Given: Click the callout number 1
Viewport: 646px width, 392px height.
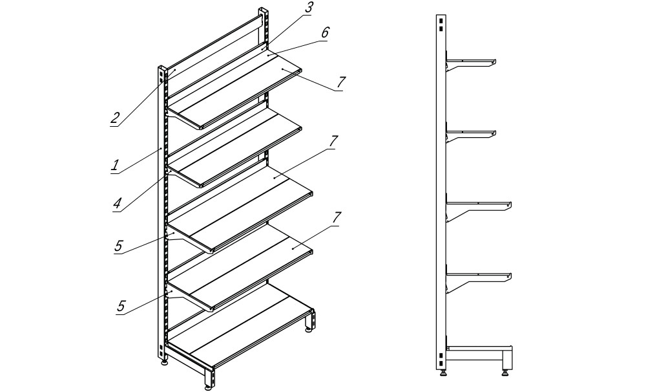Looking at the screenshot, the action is pyautogui.click(x=116, y=166).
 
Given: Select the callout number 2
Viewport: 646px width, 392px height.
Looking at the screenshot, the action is pyautogui.click(x=116, y=118).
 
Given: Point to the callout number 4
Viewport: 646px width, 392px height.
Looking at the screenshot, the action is pyautogui.click(x=118, y=203).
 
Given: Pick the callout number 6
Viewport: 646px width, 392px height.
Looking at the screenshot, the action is pyautogui.click(x=325, y=32).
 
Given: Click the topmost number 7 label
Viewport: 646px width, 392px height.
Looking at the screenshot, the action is pyautogui.click(x=340, y=83).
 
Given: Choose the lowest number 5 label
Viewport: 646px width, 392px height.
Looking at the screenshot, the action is pyautogui.click(x=121, y=306).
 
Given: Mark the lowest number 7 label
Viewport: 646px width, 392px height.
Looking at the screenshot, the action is pyautogui.click(x=337, y=217).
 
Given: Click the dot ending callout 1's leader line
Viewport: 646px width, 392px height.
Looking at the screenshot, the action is pyautogui.click(x=161, y=149).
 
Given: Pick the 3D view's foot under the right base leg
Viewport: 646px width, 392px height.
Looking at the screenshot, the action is pyautogui.click(x=309, y=329).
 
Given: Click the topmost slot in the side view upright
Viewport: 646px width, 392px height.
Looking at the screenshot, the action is pyautogui.click(x=441, y=21).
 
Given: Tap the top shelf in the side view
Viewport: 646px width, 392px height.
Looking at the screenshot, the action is pyautogui.click(x=472, y=62).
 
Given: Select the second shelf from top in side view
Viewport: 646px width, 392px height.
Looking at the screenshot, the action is pyautogui.click(x=472, y=133).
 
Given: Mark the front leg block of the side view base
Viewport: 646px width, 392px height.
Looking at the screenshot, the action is pyautogui.click(x=507, y=358).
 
